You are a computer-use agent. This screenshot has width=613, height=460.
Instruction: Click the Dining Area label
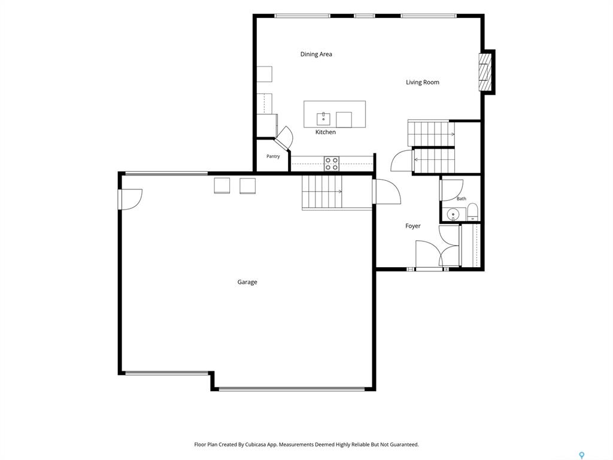coord(316,55)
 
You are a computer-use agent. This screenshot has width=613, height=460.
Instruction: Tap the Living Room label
coord(422,83)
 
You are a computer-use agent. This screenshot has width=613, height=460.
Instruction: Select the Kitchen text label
coord(325,132)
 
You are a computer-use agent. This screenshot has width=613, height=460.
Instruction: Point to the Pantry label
coord(273,156)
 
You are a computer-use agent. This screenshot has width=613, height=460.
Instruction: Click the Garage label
coord(247,282)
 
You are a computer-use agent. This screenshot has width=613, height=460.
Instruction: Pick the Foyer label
coord(413,226)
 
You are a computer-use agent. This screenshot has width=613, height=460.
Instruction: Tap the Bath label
coord(462,199)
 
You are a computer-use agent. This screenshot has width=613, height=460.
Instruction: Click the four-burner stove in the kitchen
coord(331,164)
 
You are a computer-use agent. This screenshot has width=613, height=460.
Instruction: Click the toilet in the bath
coord(472,211)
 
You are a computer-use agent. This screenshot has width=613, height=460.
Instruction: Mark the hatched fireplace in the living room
coord(484,72)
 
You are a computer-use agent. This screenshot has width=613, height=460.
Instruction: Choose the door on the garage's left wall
coord(131,199)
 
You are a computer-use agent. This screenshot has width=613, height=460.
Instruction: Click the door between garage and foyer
coord(387,192)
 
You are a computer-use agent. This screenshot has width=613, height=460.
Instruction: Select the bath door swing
coord(452,190)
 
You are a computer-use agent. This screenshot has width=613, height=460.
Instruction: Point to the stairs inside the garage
coord(322,192)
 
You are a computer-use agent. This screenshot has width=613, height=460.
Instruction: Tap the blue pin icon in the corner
coord(582,455)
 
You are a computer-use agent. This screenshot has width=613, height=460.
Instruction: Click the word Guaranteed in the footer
coord(404,445)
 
